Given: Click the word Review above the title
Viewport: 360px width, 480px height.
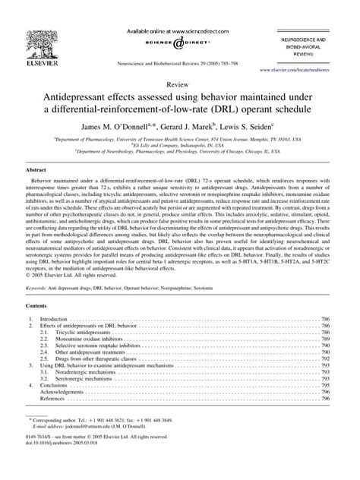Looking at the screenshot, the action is (x=180, y=86).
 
